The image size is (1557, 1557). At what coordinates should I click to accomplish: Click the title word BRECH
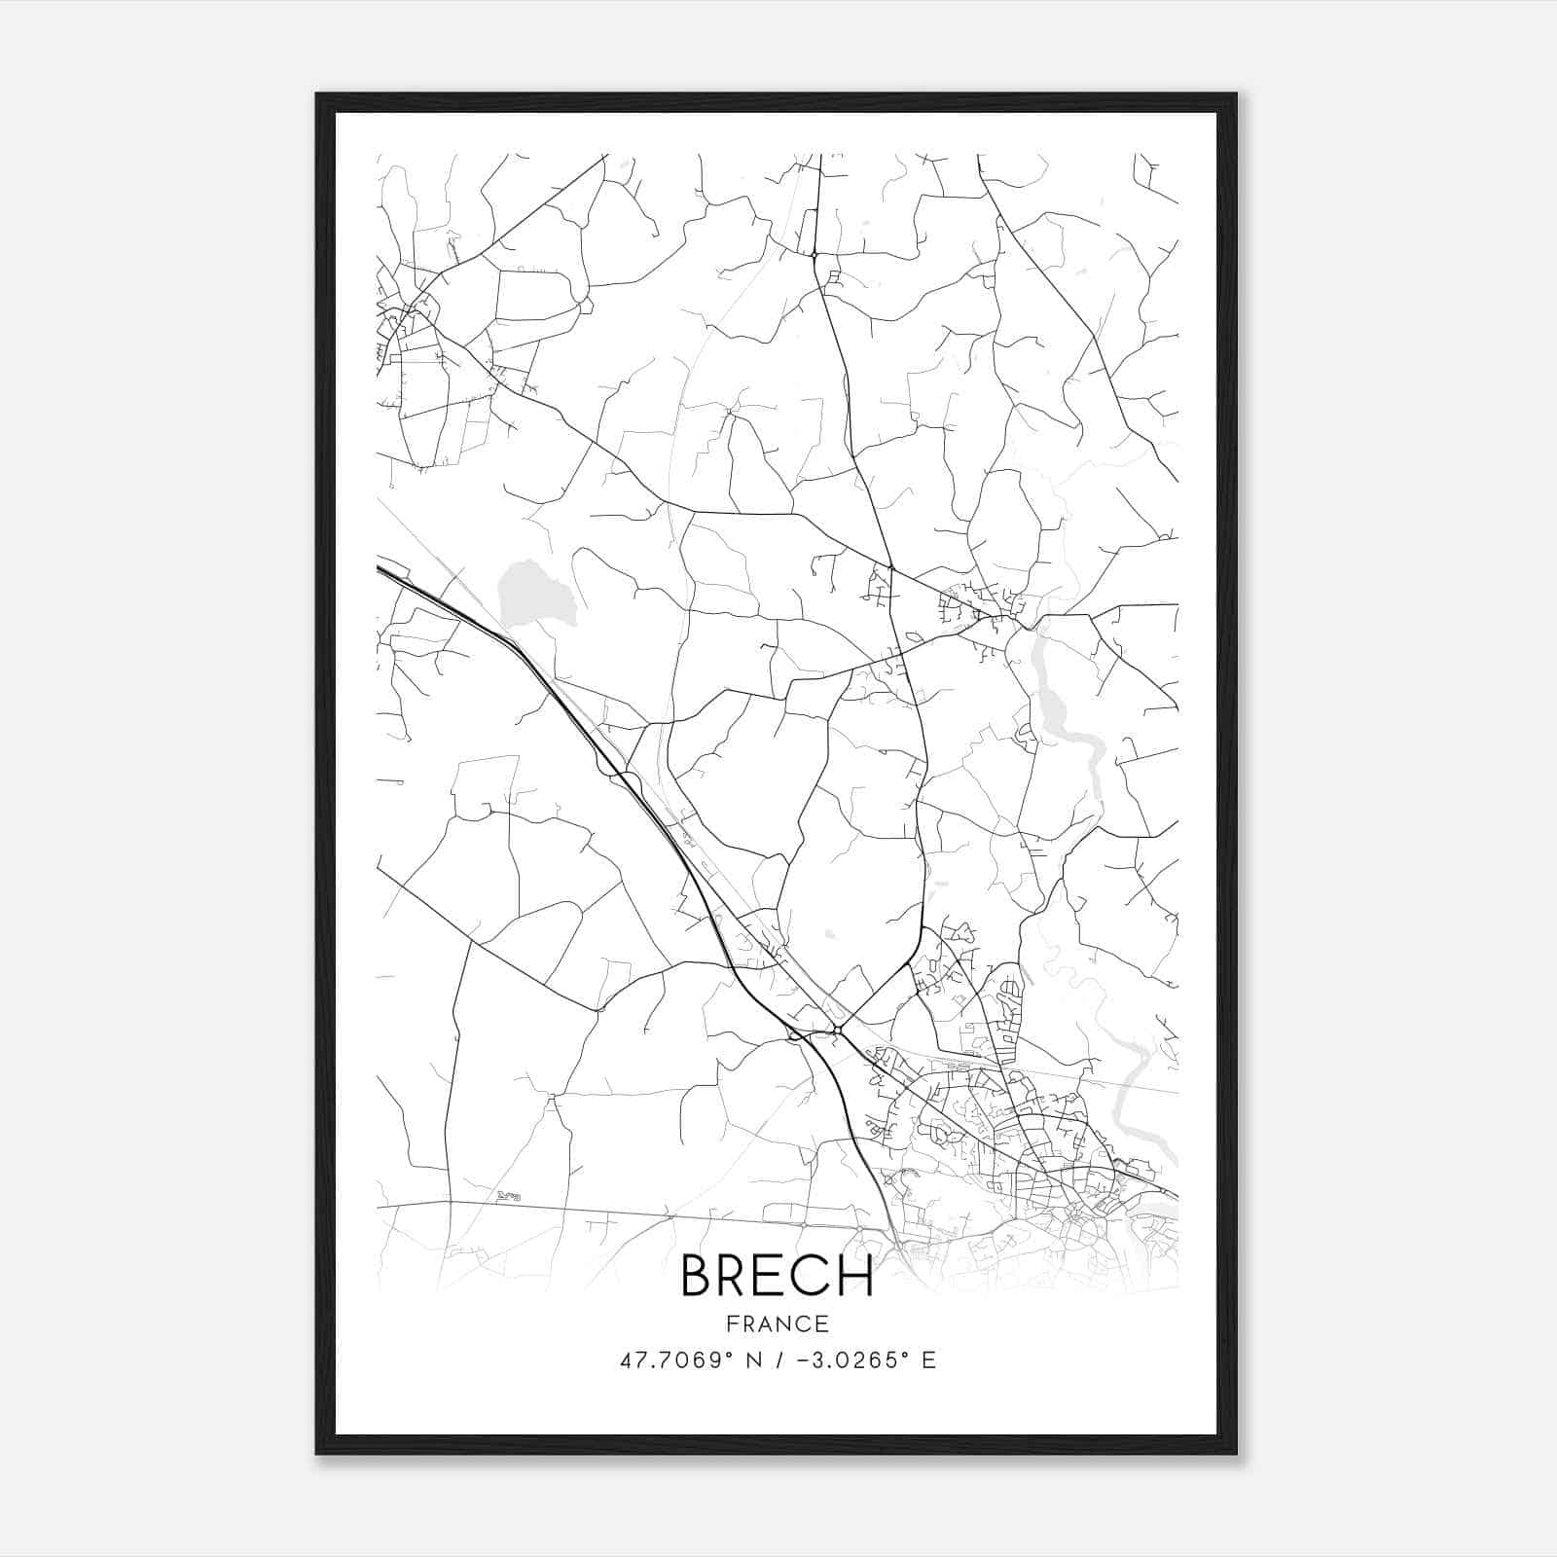pyautogui.click(x=777, y=1276)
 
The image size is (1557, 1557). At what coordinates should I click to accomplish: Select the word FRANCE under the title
pyautogui.click(x=778, y=1324)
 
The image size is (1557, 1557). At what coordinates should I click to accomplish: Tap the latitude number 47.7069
pyautogui.click(x=669, y=1360)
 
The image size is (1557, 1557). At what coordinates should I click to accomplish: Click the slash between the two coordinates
pyautogui.click(x=775, y=1360)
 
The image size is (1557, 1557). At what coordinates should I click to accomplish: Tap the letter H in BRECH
pyautogui.click(x=854, y=1276)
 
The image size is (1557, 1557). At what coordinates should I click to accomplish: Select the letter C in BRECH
pyautogui.click(x=814, y=1276)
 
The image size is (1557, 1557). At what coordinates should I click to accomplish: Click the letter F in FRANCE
pyautogui.click(x=731, y=1324)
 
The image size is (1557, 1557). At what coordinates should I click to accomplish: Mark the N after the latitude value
pyautogui.click(x=751, y=1360)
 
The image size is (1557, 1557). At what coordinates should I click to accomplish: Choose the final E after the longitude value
pyautogui.click(x=928, y=1360)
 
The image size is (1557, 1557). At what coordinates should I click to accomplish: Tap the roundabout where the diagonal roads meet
pyautogui.click(x=837, y=1028)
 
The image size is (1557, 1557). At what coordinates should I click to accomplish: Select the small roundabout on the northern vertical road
pyautogui.click(x=814, y=255)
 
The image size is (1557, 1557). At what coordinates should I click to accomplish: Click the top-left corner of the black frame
pyautogui.click(x=317, y=95)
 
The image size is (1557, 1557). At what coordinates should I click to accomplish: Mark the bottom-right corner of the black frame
pyautogui.click(x=1236, y=1453)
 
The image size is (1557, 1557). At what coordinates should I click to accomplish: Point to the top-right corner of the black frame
pyautogui.click(x=1236, y=95)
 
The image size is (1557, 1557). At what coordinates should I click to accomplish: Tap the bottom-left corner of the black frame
pyautogui.click(x=317, y=1453)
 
